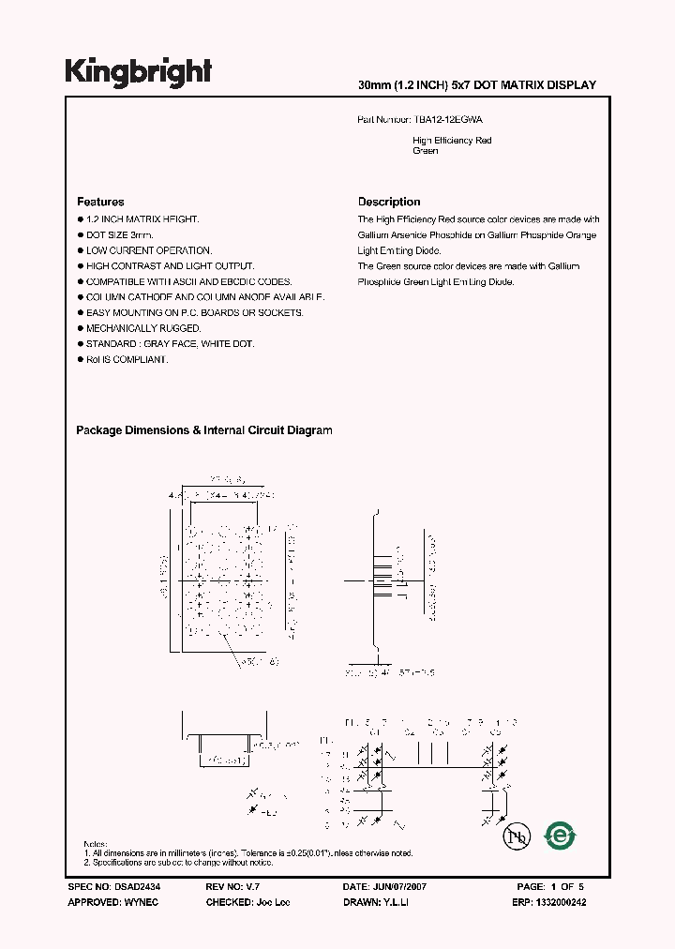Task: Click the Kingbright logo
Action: pos(138,71)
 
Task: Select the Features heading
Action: pos(100,202)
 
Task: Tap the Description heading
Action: pos(389,202)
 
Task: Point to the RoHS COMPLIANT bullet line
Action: pos(127,360)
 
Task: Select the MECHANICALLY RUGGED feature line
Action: pos(142,328)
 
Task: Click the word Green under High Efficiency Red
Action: pos(426,151)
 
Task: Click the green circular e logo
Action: pos(561,835)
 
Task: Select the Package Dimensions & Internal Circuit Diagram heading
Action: pos(204,430)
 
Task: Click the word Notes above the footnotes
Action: pos(96,845)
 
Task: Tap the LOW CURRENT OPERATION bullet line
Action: pos(148,250)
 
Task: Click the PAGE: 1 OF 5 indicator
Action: pos(550,886)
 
